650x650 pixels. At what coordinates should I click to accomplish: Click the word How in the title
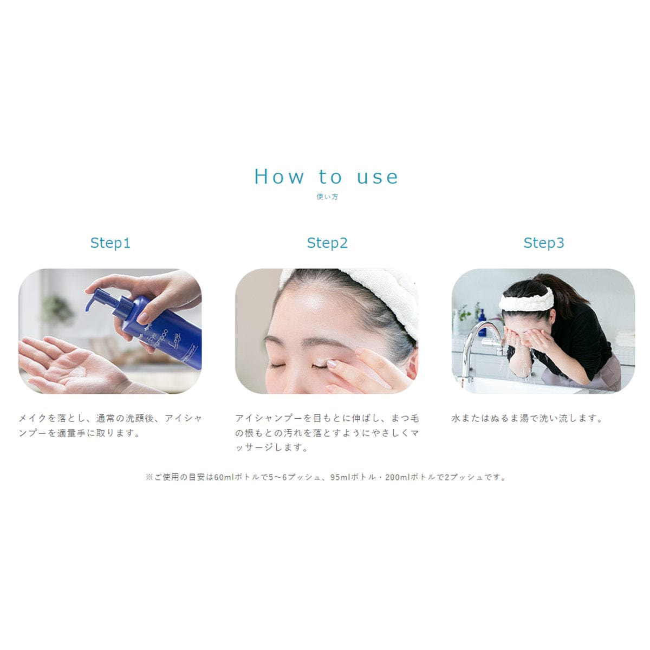pyautogui.click(x=279, y=177)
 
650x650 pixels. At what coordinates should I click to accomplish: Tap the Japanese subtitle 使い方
pyautogui.click(x=327, y=197)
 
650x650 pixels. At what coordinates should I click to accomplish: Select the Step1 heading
pyautogui.click(x=110, y=243)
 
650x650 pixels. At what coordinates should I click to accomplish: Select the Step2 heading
pyautogui.click(x=327, y=243)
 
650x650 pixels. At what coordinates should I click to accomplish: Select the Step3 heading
pyautogui.click(x=543, y=243)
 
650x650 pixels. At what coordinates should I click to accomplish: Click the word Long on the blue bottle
pyautogui.click(x=176, y=339)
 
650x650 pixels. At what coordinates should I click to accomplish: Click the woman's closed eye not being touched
pyautogui.click(x=279, y=365)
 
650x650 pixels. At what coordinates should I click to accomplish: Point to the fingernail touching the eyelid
pyautogui.click(x=332, y=364)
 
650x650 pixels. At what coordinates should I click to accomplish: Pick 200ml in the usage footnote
pyautogui.click(x=398, y=477)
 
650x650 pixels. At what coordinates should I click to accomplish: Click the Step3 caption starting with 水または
pyautogui.click(x=527, y=419)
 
